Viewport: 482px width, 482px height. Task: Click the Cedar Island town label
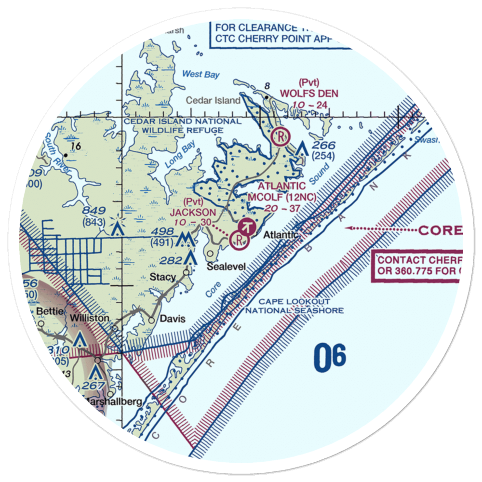214,101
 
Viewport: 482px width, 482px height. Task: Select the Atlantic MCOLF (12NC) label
281,191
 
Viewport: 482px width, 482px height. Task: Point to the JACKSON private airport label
199,213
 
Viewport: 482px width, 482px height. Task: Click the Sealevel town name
227,267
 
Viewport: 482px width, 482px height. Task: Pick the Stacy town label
162,277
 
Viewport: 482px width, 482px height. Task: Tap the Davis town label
172,319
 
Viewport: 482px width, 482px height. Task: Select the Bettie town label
50,312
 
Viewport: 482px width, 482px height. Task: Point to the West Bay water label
201,75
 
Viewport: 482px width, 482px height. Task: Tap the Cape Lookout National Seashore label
295,306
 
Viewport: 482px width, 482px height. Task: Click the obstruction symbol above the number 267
95,372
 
